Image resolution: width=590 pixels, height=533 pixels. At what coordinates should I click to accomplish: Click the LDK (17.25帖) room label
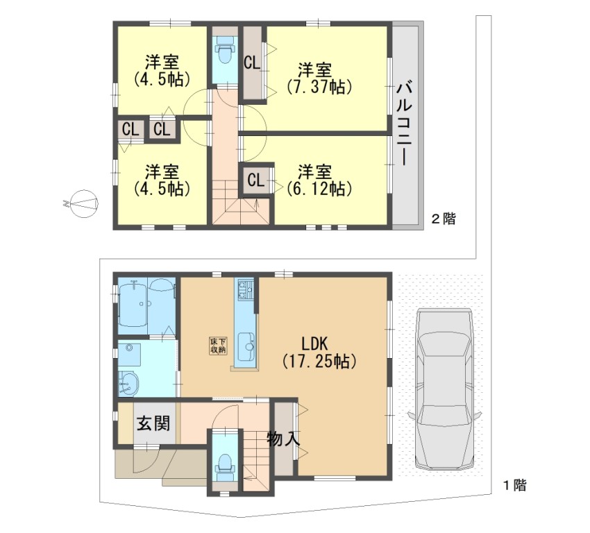tap(319, 353)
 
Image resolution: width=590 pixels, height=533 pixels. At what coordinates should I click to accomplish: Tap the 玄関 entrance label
tap(153, 423)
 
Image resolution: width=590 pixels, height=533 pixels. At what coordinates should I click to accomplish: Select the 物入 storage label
tap(283, 438)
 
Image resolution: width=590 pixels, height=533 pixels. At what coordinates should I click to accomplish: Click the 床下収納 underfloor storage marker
tap(218, 346)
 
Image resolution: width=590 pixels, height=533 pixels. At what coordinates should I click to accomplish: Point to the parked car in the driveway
tap(444, 389)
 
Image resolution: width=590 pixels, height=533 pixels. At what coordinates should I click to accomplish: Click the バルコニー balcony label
tap(405, 124)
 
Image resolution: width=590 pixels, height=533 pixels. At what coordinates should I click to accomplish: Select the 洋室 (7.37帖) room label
tap(319, 78)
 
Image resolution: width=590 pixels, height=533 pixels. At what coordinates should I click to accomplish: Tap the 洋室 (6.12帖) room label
tap(319, 180)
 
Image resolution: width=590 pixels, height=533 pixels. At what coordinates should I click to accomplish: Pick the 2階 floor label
tap(444, 219)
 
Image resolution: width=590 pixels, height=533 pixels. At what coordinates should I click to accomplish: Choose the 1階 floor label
tap(515, 485)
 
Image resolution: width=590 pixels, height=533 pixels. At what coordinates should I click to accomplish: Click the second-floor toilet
tap(225, 50)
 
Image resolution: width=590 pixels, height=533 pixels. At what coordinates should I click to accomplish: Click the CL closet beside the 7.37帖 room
tap(252, 62)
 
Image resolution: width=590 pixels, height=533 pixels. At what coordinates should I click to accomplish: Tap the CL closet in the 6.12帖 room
tap(256, 180)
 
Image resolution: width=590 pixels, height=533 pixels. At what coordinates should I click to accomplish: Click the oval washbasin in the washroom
tap(128, 383)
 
